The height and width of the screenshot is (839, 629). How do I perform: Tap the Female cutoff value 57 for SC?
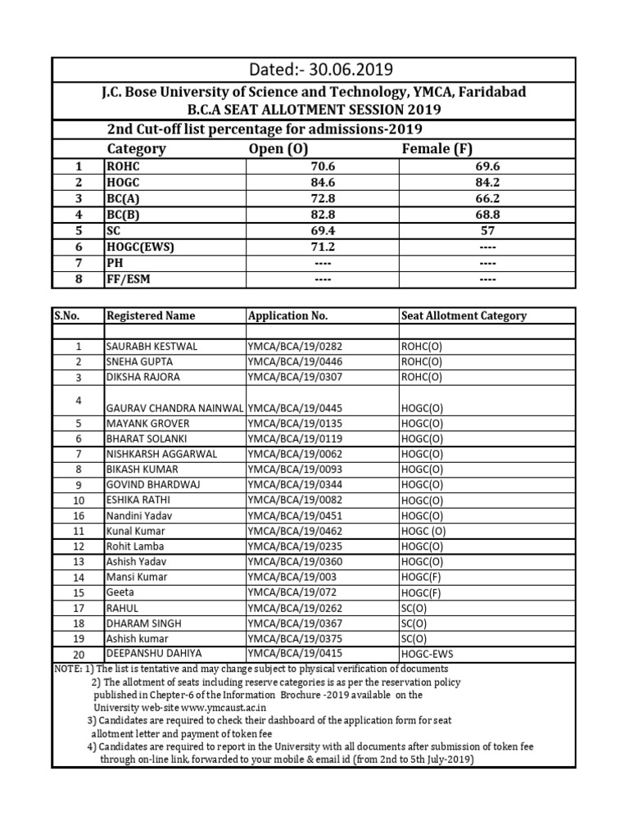click(x=486, y=231)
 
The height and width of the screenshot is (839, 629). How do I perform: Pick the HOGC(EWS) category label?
click(x=141, y=247)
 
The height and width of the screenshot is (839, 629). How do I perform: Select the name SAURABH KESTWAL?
click(x=152, y=347)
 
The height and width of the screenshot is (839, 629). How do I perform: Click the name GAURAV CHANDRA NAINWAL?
click(x=175, y=408)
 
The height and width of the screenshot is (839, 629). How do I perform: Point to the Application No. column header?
click(x=287, y=315)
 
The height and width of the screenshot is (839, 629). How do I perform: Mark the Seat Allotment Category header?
click(x=464, y=315)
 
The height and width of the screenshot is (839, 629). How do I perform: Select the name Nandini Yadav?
click(x=138, y=515)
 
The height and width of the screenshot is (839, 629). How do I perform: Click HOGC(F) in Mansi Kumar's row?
click(x=422, y=577)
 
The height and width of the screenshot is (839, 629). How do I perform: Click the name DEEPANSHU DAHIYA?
click(x=155, y=653)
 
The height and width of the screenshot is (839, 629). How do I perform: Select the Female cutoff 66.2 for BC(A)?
click(x=486, y=197)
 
